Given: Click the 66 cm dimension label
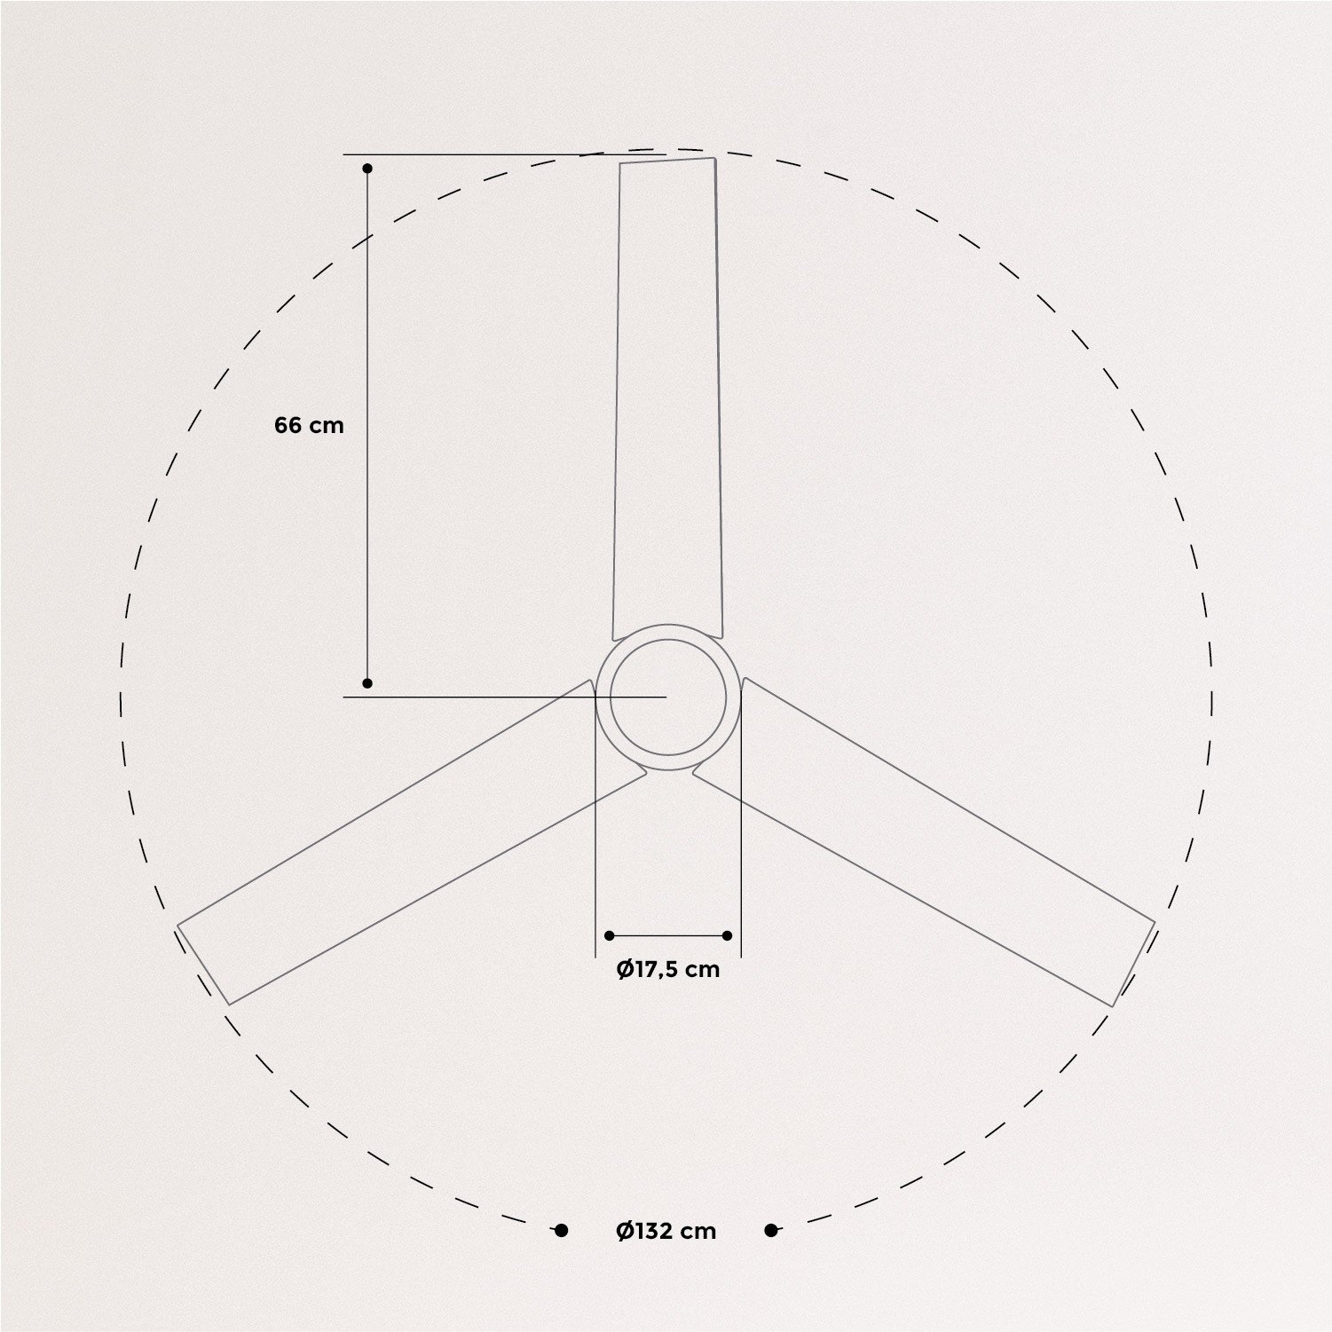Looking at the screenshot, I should pos(309,425).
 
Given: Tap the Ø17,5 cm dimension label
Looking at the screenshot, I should pos(668,969).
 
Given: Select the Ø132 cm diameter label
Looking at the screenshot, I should pos(666,1231).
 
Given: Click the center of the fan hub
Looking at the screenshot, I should pos(668,698).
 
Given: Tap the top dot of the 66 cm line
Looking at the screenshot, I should pos(367,168).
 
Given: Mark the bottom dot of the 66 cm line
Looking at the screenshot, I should pos(367,683).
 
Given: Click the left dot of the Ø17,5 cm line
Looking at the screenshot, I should pos(609,935).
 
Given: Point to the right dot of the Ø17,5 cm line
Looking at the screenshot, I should pos(728,935).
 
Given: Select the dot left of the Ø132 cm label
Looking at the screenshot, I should pos(561,1230).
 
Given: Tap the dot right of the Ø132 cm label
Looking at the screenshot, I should pos(771,1230).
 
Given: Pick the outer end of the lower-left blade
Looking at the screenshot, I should pos(204,965).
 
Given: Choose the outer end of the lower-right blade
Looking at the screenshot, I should pos(1133,965).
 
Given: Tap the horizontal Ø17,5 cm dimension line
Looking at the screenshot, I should pos(668,935).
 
